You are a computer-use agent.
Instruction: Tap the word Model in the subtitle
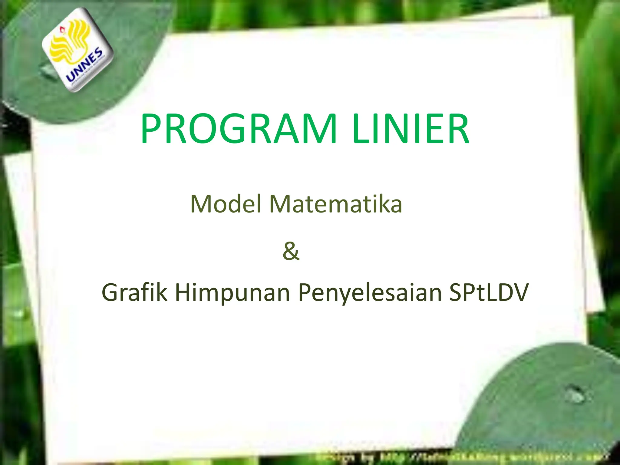(225, 204)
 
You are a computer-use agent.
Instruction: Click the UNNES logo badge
(77, 50)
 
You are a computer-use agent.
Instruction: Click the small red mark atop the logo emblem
(62, 29)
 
